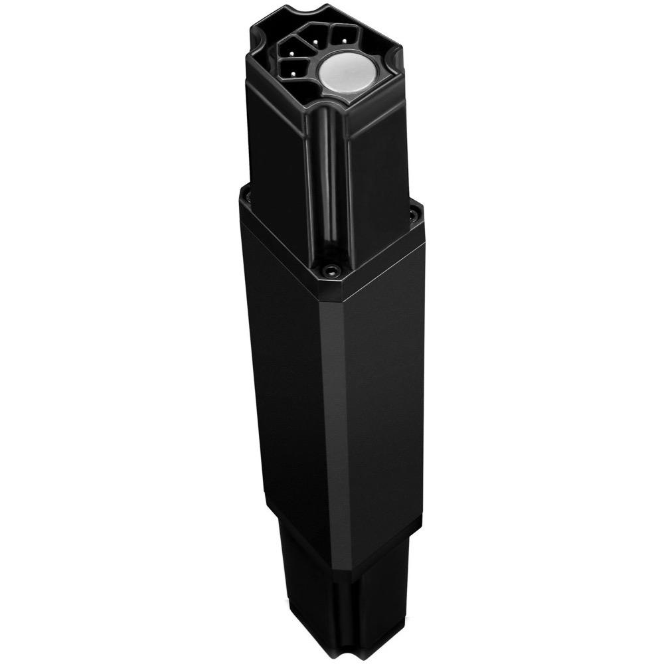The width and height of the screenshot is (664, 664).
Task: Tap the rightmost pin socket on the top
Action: [x=341, y=34]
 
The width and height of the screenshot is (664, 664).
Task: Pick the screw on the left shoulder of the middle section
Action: [x=246, y=197]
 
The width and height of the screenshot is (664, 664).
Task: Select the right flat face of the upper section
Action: [x=375, y=166]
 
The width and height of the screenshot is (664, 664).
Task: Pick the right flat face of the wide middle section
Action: [x=378, y=398]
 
